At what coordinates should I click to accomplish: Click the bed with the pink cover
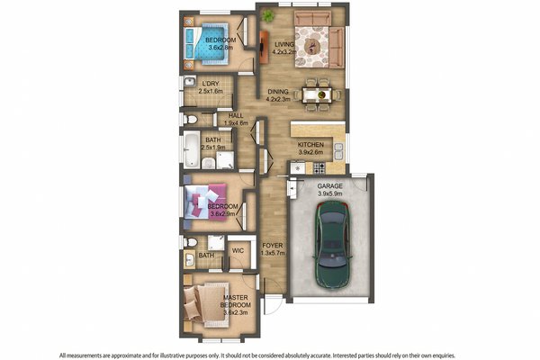click(x=204, y=202)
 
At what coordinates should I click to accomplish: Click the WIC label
click(x=238, y=252)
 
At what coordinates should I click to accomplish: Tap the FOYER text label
click(x=273, y=245)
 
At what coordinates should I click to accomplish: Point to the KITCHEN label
click(x=311, y=145)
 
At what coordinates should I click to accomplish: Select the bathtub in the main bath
click(x=192, y=150)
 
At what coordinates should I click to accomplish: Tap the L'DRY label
click(x=211, y=84)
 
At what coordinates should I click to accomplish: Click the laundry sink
click(x=191, y=84)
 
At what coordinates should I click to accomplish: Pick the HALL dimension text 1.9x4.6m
click(x=237, y=123)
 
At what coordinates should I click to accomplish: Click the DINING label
click(x=279, y=90)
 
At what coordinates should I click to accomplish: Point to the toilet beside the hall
click(x=187, y=118)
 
